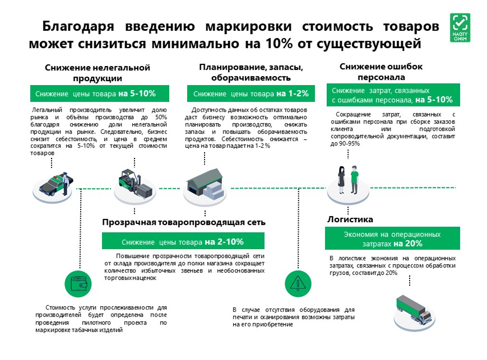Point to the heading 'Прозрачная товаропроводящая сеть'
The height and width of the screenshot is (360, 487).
point(184,222)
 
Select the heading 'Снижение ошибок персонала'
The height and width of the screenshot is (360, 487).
point(381,72)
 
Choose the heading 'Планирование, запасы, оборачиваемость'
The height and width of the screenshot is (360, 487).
point(251,72)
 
